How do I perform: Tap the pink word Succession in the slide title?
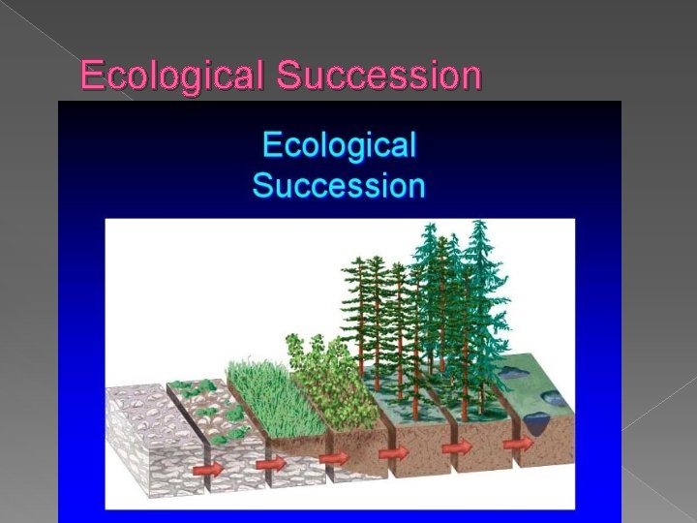pyautogui.click(x=378, y=75)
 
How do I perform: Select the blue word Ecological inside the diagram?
pyautogui.click(x=339, y=145)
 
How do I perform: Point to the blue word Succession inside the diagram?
pyautogui.click(x=339, y=184)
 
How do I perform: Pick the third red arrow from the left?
pyautogui.click(x=334, y=457)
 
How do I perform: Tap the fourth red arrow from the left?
pyautogui.click(x=393, y=452)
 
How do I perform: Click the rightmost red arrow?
pyautogui.click(x=519, y=444)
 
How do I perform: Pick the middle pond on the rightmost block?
pyautogui.click(x=558, y=396)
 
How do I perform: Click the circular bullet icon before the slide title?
pyautogui.click(x=65, y=76)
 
